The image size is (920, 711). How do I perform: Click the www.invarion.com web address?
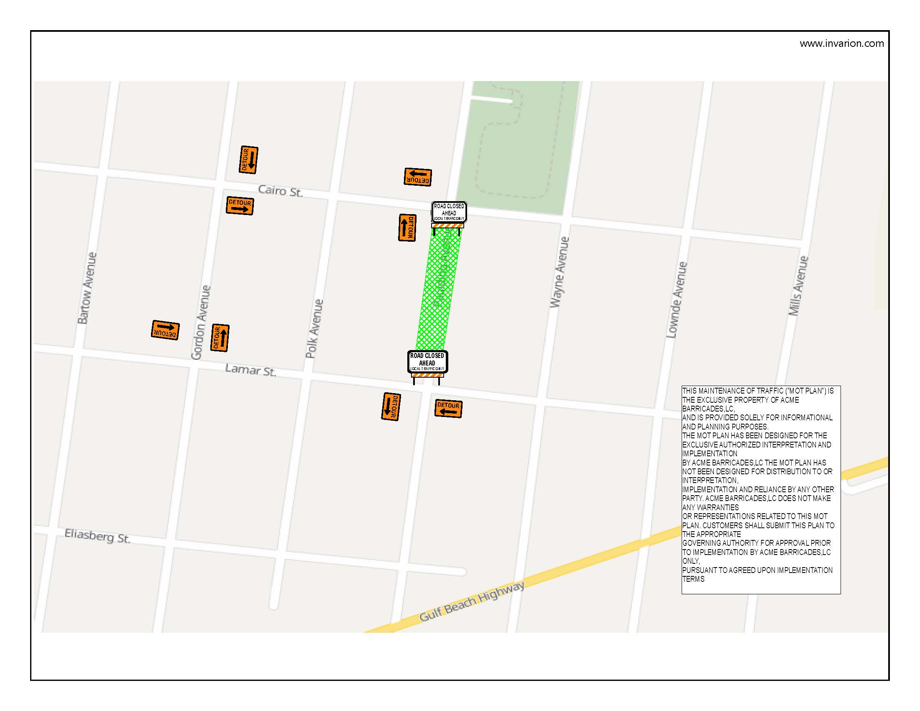tap(841, 43)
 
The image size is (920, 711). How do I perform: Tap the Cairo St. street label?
tap(280, 191)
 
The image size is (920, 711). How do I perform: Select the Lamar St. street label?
tap(250, 370)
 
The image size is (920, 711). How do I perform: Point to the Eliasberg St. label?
tap(97, 536)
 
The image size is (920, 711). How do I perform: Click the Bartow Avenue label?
tap(87, 288)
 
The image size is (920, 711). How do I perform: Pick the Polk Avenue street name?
tap(314, 329)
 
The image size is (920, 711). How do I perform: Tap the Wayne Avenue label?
tap(560, 272)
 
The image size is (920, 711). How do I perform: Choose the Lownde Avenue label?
tap(677, 299)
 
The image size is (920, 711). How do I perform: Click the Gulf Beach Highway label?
tap(472, 601)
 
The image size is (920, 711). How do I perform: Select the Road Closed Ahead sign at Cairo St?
tap(449, 212)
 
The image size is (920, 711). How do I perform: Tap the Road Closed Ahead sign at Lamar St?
tap(427, 362)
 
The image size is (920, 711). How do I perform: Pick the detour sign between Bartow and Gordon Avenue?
tap(165, 330)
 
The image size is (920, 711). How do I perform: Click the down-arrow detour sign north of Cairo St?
tap(248, 160)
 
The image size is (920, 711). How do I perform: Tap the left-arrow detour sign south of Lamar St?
tap(448, 408)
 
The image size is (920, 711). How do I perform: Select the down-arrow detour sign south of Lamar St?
tap(391, 407)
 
